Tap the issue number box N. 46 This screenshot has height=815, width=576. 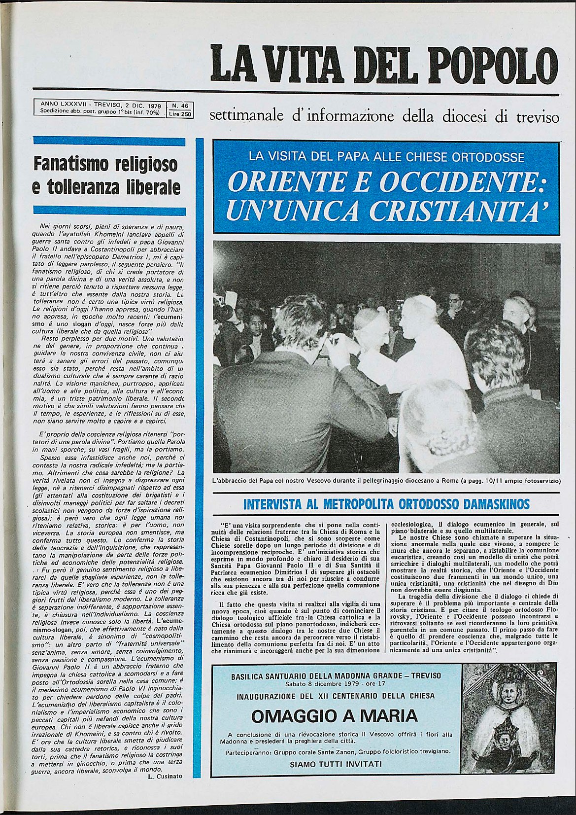180,105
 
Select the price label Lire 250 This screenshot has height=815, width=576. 180,113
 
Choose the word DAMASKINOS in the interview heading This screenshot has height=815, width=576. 497,504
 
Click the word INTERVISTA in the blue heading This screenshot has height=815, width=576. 272,504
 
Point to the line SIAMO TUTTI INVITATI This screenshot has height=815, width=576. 336,764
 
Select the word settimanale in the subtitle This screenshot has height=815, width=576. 247,117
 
